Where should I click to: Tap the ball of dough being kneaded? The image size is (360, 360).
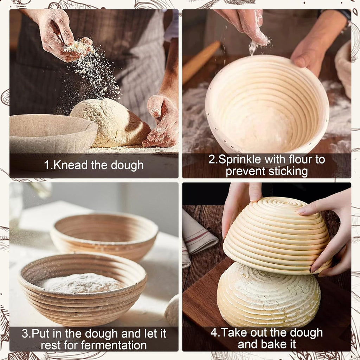pyautogui.click(x=110, y=123)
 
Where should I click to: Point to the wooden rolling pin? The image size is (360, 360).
pyautogui.click(x=201, y=62)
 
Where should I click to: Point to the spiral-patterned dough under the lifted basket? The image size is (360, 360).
pyautogui.click(x=269, y=296)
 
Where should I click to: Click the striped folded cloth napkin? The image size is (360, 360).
pyautogui.click(x=198, y=237)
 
